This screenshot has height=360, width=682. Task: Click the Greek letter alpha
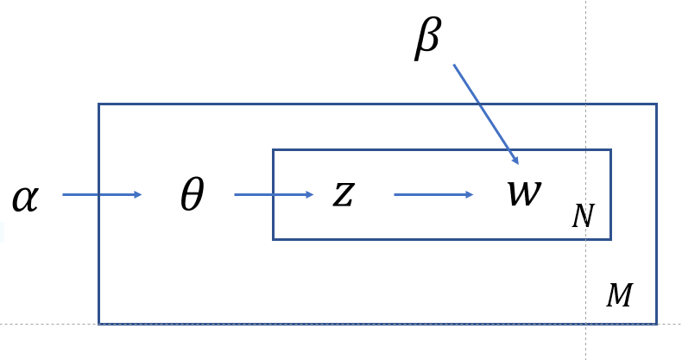[x=26, y=198]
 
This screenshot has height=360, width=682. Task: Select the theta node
[x=192, y=195]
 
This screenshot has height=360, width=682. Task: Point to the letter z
[x=344, y=195]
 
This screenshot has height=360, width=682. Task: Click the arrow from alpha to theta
[x=102, y=195]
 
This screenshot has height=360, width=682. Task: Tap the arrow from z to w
[x=433, y=195]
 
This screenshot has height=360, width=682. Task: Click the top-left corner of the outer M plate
[x=99, y=105]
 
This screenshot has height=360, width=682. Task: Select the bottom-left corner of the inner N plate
[x=274, y=238]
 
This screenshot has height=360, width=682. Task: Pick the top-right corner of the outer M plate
[x=656, y=105]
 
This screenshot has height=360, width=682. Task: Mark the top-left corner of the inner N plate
[x=274, y=150]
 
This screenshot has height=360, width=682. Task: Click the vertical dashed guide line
[x=586, y=52]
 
